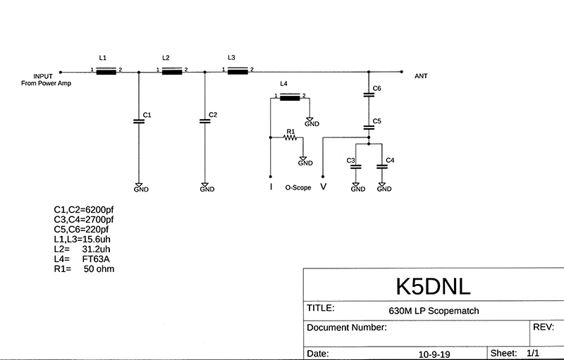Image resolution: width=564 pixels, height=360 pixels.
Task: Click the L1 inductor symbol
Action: (x=106, y=71)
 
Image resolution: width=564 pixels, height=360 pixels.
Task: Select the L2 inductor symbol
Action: (x=172, y=70)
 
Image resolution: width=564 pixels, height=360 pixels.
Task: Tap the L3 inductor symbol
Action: (x=238, y=70)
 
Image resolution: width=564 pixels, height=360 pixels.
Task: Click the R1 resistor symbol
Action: (x=290, y=138)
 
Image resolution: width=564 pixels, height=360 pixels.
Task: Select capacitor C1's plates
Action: (x=139, y=122)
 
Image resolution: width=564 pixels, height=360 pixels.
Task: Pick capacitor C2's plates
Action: (x=205, y=122)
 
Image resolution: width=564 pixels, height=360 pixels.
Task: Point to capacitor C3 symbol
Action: (x=356, y=167)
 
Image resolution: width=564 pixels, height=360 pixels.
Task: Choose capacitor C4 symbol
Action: (x=382, y=167)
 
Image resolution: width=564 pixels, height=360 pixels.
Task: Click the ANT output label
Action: (x=421, y=75)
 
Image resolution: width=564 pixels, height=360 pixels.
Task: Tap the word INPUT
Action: (x=43, y=75)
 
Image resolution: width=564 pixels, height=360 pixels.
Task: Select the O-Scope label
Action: (x=298, y=188)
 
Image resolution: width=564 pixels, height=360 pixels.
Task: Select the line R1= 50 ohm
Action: (x=84, y=269)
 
